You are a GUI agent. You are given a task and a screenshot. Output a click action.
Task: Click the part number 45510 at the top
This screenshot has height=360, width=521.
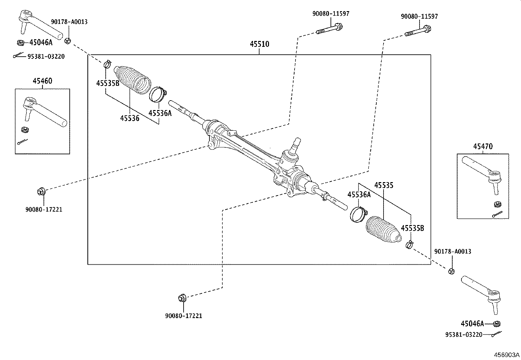click(259, 44)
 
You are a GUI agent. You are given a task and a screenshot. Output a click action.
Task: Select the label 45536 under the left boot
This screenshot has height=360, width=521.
click(129, 119)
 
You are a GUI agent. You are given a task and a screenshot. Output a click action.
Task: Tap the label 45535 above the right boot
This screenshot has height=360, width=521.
click(384, 185)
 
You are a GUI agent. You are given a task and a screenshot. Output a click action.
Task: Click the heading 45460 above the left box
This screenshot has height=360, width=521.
click(42, 81)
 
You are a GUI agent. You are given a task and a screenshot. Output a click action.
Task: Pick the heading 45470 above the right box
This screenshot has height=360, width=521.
click(482, 147)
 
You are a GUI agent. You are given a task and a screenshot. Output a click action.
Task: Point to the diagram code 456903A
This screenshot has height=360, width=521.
click(507, 355)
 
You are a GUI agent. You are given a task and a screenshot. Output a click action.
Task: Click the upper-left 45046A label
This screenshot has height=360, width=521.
click(41, 43)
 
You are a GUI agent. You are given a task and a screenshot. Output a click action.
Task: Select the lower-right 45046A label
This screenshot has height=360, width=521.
click(472, 324)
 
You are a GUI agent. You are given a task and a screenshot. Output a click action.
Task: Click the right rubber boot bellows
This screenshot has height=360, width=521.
click(382, 230)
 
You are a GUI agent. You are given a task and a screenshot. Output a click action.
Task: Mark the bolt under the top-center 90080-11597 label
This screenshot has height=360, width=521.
click(330, 29)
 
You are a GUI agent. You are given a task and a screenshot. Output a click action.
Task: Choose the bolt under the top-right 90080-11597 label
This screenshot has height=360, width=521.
click(418, 31)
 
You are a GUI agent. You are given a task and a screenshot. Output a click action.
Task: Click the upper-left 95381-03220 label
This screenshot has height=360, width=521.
click(46, 57)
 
